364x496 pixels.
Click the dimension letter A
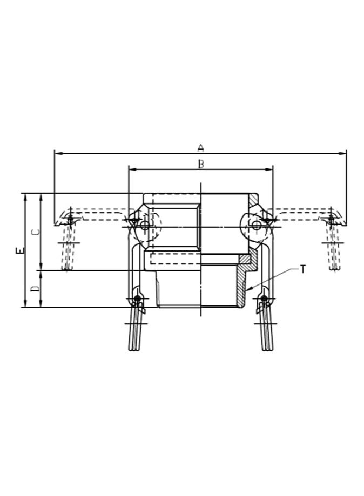(200, 147)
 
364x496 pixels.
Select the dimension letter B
(200, 164)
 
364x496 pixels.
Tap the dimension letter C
(35, 232)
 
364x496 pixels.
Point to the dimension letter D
(35, 289)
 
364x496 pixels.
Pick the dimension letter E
(20, 250)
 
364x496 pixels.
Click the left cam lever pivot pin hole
(144, 226)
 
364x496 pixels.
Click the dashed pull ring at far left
(68, 248)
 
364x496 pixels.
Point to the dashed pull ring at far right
(334, 248)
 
